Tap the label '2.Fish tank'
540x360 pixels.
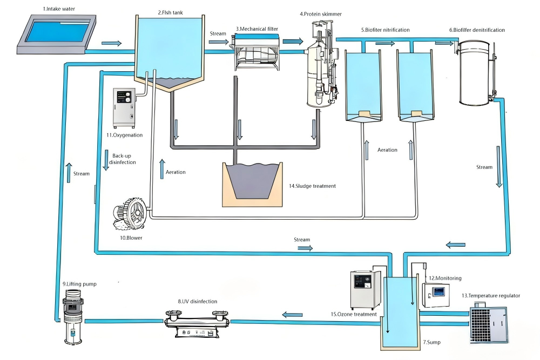[x=170, y=12]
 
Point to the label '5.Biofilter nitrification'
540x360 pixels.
[x=385, y=30]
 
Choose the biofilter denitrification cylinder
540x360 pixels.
[x=475, y=76]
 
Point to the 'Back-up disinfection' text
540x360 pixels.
[x=123, y=159]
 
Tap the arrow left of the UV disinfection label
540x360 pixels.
[x=293, y=315]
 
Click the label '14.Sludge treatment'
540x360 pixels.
[x=312, y=186]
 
